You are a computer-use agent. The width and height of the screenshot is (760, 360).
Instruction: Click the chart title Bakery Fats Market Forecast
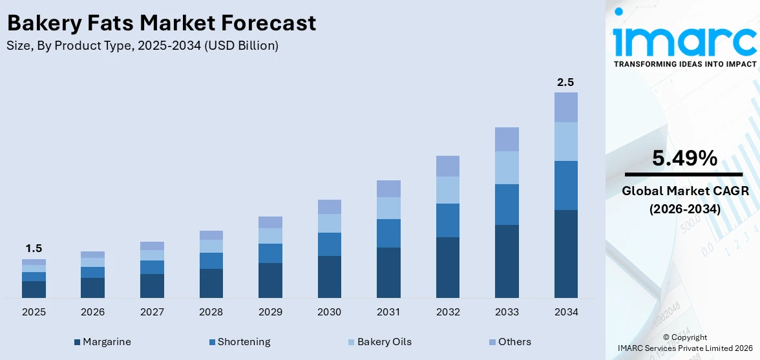pyautogui.click(x=162, y=23)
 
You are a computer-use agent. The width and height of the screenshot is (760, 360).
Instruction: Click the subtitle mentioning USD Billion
pyautogui.click(x=143, y=46)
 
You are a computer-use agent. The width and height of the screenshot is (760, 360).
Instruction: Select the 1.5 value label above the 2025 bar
pyautogui.click(x=34, y=248)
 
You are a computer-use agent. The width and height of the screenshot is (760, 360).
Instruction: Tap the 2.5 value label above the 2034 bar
pyautogui.click(x=565, y=82)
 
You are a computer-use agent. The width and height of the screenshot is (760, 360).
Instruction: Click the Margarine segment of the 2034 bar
pyautogui.click(x=565, y=253)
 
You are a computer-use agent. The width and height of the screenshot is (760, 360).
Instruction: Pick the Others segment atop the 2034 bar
pyautogui.click(x=565, y=107)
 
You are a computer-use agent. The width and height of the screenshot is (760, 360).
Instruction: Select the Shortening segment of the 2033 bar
pyautogui.click(x=507, y=204)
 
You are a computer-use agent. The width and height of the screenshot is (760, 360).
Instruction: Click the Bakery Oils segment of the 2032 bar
pyautogui.click(x=447, y=190)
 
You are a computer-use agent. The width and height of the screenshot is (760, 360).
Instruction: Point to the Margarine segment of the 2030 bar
pyautogui.click(x=329, y=277)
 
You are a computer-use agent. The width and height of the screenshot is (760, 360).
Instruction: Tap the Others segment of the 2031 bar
pyautogui.click(x=388, y=189)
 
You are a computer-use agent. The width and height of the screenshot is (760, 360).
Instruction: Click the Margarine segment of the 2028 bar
pyautogui.click(x=211, y=283)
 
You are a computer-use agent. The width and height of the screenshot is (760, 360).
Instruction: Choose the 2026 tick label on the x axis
pyautogui.click(x=93, y=312)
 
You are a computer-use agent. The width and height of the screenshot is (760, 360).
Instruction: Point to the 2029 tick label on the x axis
pyautogui.click(x=270, y=312)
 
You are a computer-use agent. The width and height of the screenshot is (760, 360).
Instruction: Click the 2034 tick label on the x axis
pyautogui.click(x=565, y=312)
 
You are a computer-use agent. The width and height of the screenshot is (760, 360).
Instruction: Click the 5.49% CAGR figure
pyautogui.click(x=684, y=158)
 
